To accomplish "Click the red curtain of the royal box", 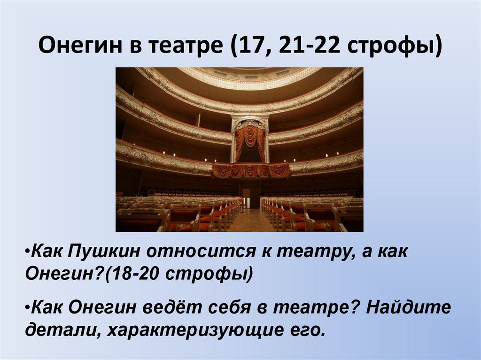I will (249, 140).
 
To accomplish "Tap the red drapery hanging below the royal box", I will (251, 170).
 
